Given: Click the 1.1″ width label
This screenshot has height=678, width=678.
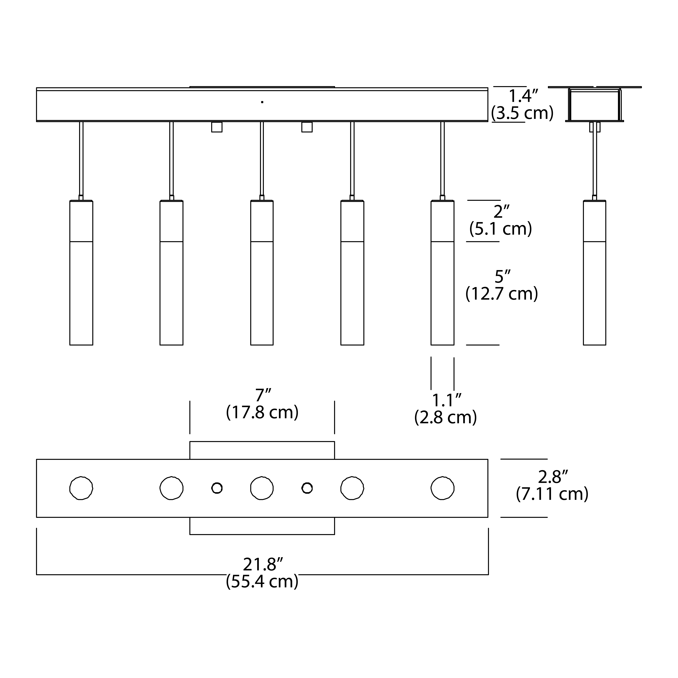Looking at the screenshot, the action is click(x=446, y=400).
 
